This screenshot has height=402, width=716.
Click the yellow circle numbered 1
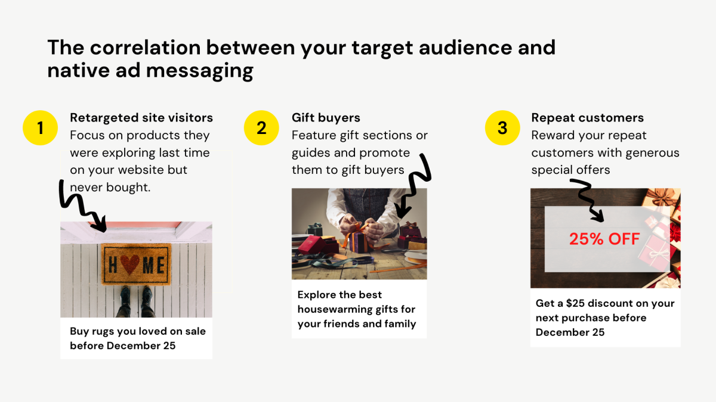point(40,127)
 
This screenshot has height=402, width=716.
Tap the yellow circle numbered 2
point(261,127)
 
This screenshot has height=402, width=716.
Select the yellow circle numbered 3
point(502,127)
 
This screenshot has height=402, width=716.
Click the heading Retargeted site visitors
point(141,118)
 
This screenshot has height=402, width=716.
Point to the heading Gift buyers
point(326,118)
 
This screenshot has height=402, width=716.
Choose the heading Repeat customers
point(587,118)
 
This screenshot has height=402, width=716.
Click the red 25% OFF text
point(604,239)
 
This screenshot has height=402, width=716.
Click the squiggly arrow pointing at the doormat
point(82,206)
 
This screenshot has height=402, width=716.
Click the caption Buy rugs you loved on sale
point(137,338)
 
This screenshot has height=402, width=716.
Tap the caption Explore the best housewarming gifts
point(357,309)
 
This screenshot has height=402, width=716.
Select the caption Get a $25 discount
point(604,317)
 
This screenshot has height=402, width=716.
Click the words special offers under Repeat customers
point(570,170)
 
